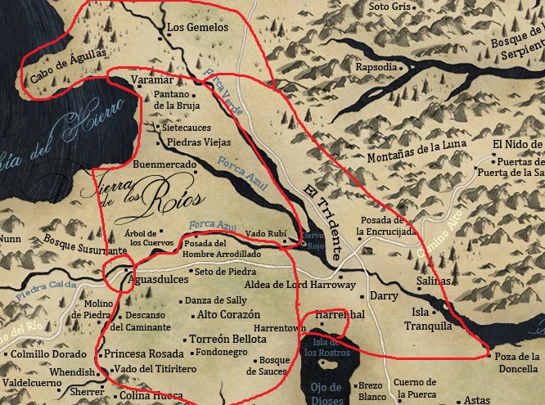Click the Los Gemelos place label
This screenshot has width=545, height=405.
click(x=193, y=27)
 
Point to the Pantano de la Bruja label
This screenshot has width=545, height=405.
click(x=172, y=100)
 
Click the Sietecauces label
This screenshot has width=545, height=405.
click(x=187, y=128)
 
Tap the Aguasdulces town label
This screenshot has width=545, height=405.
click(x=156, y=281)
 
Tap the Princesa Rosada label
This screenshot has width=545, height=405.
click(x=143, y=353)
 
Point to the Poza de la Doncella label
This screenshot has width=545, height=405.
click(x=517, y=362)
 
